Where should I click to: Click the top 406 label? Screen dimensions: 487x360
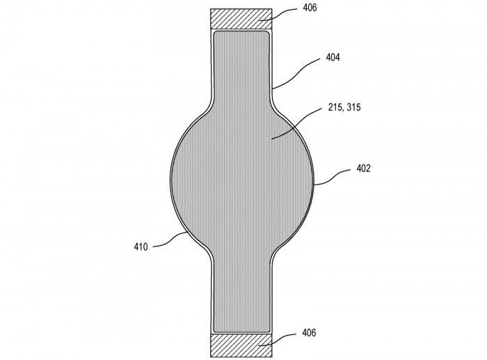[310, 8]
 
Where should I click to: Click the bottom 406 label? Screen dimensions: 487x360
[309, 333]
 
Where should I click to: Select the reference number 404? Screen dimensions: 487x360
[333, 57]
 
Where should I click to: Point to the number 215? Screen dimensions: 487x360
[336, 107]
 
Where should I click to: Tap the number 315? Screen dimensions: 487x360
[353, 107]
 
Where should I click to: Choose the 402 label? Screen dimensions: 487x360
[364, 169]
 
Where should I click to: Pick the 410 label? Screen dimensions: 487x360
[141, 247]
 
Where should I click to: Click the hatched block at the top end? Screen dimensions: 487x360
[241, 19]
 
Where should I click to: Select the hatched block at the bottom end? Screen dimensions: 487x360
[241, 345]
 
